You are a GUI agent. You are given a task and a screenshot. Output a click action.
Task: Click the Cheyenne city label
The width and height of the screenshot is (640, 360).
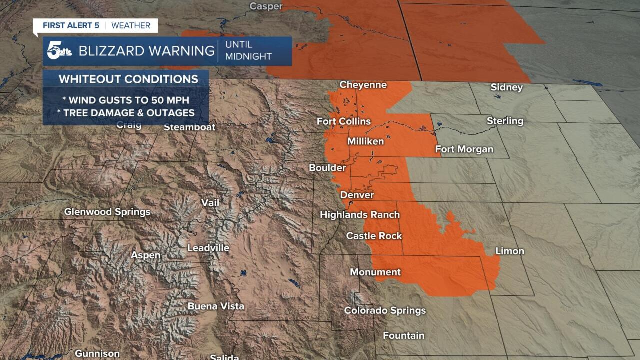tap(363, 85)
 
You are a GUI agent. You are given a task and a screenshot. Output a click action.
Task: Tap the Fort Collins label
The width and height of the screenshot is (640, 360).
tap(344, 121)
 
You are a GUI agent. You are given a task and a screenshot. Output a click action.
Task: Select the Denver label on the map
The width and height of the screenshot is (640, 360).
tap(357, 195)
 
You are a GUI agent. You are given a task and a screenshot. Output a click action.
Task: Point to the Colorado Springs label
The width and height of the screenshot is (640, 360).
tap(385, 310)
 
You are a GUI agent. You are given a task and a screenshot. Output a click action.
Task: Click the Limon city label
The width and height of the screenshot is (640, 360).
tap(509, 251)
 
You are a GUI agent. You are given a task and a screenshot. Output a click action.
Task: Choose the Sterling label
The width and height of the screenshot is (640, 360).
tap(505, 121)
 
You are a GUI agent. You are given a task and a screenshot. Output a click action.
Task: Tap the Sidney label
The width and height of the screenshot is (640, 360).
tap(506, 87)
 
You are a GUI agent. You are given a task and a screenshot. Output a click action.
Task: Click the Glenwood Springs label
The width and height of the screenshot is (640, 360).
tap(107, 212)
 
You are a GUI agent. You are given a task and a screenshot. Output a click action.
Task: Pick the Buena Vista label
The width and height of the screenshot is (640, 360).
tap(216, 306)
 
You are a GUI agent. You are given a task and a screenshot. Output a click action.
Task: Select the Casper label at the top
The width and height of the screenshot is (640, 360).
tap(266, 6)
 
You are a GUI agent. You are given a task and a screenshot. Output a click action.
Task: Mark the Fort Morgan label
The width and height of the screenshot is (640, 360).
tap(464, 149)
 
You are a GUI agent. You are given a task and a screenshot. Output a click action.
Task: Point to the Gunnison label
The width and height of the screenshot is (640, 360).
tap(97, 353)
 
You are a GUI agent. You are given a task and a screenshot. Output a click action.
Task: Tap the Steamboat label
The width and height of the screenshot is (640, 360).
tap(190, 127)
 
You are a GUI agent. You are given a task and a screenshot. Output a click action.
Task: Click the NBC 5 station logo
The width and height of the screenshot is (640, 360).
tap(59, 51)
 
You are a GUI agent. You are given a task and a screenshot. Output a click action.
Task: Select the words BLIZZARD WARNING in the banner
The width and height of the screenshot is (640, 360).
tap(146, 51)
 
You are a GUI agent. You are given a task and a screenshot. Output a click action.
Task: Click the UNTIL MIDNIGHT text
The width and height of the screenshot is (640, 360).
tap(248, 51)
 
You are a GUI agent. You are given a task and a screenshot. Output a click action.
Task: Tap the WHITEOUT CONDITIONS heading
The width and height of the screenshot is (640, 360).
tap(128, 79)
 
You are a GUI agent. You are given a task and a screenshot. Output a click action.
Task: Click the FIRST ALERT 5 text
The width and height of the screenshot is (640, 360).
tap(71, 25)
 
